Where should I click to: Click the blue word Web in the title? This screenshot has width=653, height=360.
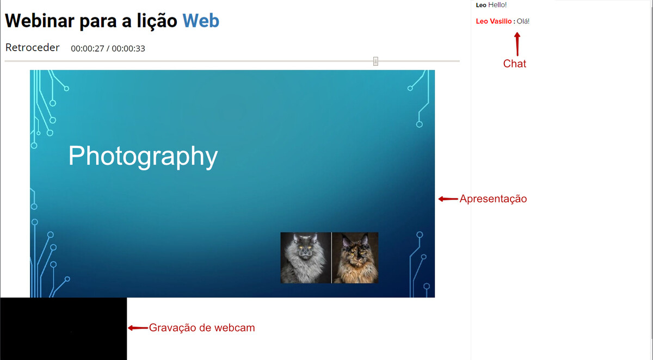pyautogui.click(x=201, y=21)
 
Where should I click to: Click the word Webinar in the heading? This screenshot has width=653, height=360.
pyautogui.click(x=40, y=21)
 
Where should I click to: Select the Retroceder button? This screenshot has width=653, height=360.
pyautogui.click(x=32, y=47)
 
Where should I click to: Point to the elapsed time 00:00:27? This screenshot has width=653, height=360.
pyautogui.click(x=88, y=48)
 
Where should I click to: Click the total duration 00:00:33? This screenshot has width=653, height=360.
pyautogui.click(x=128, y=48)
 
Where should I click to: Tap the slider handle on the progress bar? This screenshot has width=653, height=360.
pyautogui.click(x=375, y=61)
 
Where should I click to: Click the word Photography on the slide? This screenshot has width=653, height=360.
pyautogui.click(x=143, y=157)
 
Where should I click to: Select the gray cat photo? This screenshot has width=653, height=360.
pyautogui.click(x=305, y=257)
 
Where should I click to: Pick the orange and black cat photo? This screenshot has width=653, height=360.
pyautogui.click(x=355, y=257)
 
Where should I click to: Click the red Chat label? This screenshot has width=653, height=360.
pyautogui.click(x=515, y=64)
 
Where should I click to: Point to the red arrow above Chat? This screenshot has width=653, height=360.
pyautogui.click(x=518, y=44)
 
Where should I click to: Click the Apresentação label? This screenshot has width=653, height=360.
pyautogui.click(x=493, y=198)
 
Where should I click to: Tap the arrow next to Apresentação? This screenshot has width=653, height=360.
pyautogui.click(x=448, y=199)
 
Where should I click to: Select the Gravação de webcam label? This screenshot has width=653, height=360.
pyautogui.click(x=202, y=328)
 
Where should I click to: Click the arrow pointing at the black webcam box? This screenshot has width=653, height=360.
pyautogui.click(x=138, y=328)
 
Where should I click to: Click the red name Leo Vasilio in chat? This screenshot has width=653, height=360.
pyautogui.click(x=494, y=21)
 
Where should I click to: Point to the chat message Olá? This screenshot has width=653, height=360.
pyautogui.click(x=523, y=21)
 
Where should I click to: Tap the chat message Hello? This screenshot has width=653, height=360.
pyautogui.click(x=497, y=5)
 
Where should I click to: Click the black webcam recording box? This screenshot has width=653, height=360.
pyautogui.click(x=64, y=328)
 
